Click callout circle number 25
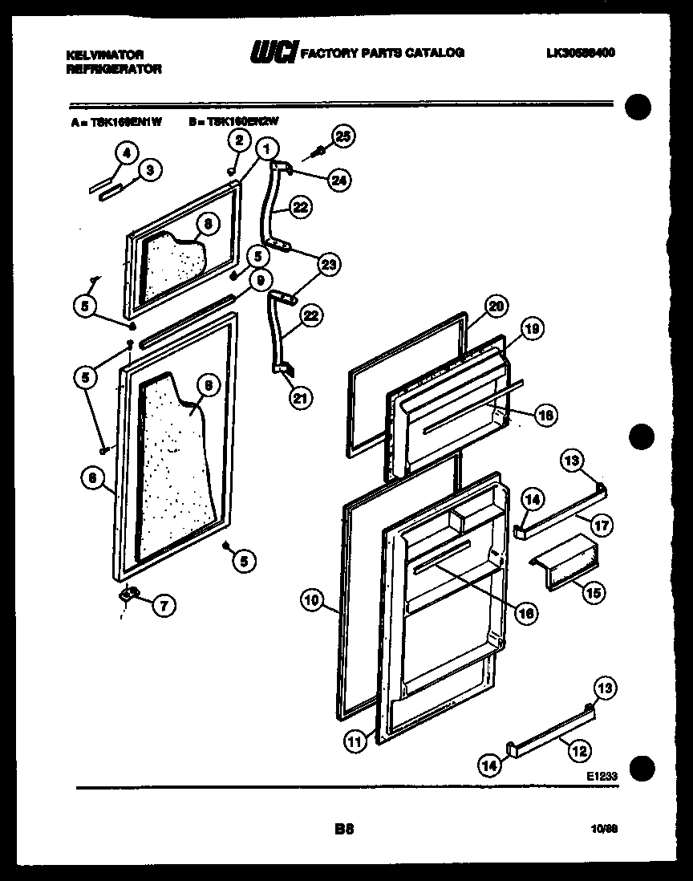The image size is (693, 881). coord(343,137)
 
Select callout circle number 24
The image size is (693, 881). coord(339,181)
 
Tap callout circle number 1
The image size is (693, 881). coord(266,148)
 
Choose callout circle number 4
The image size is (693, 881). coord(125,152)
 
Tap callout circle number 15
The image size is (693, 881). coord(594,593)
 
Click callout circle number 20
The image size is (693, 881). coord(496,306)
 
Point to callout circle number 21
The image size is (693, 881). coord(302,398)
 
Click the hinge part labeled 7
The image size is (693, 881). coord(128,595)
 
